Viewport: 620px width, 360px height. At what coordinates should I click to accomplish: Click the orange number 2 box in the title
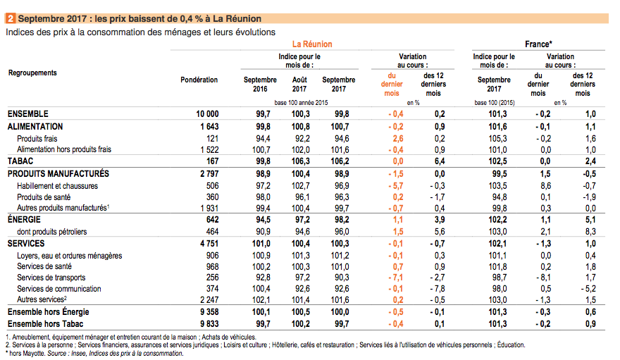pyautogui.click(x=11, y=18)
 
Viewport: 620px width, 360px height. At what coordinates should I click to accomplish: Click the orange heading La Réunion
pyautogui.click(x=312, y=44)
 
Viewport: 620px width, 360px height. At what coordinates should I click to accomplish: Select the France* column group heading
pyautogui.click(x=538, y=44)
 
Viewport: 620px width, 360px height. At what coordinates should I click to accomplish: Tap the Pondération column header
pyautogui.click(x=199, y=80)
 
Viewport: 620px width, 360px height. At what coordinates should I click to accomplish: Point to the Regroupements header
pyautogui.click(x=32, y=73)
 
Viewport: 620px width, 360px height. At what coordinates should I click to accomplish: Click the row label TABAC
pyautogui.click(x=20, y=161)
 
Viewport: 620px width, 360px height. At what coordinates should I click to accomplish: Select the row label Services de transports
pyautogui.click(x=51, y=278)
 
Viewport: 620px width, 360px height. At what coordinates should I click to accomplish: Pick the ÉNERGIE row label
pyautogui.click(x=24, y=220)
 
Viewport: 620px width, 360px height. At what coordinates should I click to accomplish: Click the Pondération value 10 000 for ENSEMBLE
pyautogui.click(x=207, y=114)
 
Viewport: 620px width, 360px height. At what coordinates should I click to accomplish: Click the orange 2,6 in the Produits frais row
pyautogui.click(x=398, y=139)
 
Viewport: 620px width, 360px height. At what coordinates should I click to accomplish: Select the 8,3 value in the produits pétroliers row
pyautogui.click(x=590, y=232)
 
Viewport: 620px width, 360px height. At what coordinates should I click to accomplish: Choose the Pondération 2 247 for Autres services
pyautogui.click(x=209, y=300)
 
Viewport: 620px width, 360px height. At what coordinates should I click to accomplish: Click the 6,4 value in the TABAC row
pyautogui.click(x=440, y=161)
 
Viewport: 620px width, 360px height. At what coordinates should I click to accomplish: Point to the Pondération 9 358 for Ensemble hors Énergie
pyautogui.click(x=209, y=312)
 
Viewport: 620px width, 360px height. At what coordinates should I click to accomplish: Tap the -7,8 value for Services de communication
pyautogui.click(x=437, y=289)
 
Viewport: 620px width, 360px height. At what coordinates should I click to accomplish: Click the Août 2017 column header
pyautogui.click(x=299, y=84)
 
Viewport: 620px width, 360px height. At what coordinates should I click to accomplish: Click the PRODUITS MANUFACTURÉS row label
pyautogui.click(x=58, y=174)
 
